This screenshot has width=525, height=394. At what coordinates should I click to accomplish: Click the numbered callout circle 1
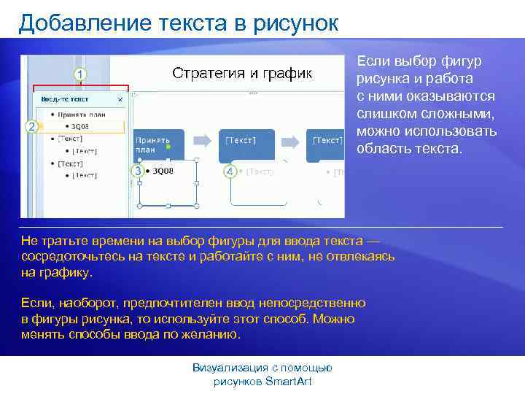(79, 74)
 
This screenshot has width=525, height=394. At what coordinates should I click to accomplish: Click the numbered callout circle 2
(31, 127)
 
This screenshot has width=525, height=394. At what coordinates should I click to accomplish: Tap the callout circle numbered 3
(137, 170)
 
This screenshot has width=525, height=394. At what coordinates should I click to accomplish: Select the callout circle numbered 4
(230, 171)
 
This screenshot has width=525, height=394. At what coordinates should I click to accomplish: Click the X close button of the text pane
(120, 99)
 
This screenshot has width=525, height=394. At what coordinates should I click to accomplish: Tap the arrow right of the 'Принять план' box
(206, 139)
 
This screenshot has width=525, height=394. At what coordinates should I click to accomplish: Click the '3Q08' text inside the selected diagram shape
(163, 171)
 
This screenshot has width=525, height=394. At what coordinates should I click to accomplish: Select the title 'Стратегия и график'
(241, 74)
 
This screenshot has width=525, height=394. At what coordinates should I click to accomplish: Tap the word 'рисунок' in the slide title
(296, 23)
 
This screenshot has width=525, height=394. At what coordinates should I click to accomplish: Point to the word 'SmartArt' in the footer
(289, 382)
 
